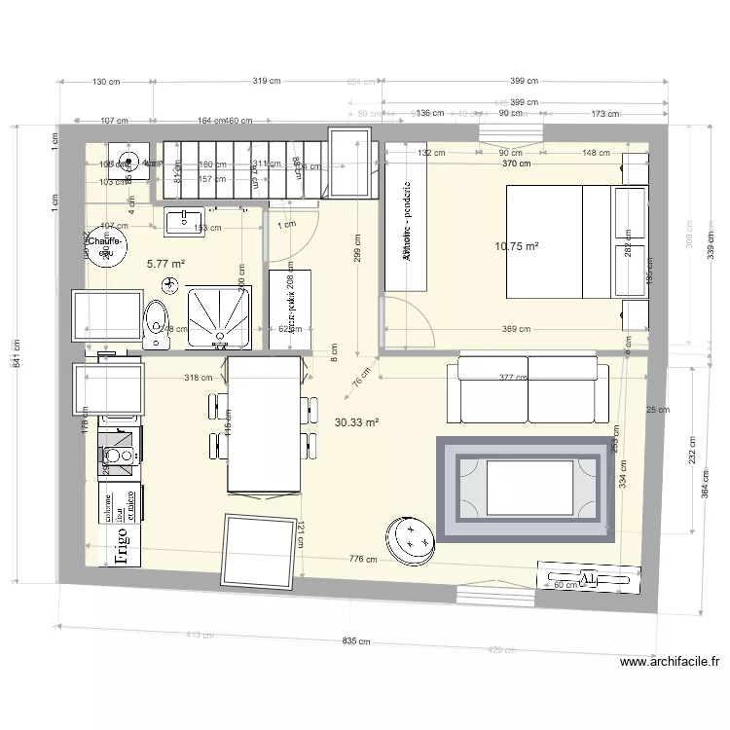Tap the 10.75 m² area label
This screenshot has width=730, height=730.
coord(516,247)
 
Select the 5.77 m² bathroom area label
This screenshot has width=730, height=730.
coord(165,263)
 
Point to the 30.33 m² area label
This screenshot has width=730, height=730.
coord(356,422)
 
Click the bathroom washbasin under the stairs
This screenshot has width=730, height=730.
coord(183,222)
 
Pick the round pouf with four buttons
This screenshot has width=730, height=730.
coord(413,538)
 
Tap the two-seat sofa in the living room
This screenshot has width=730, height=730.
coord(528,389)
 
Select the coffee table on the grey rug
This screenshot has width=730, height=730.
coord(528,487)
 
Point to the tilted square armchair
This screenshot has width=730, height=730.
coord(258,552)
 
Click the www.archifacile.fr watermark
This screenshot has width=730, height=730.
coord(670,663)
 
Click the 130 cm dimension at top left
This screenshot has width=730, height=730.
coord(106,83)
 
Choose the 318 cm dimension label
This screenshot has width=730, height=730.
coord(198,378)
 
